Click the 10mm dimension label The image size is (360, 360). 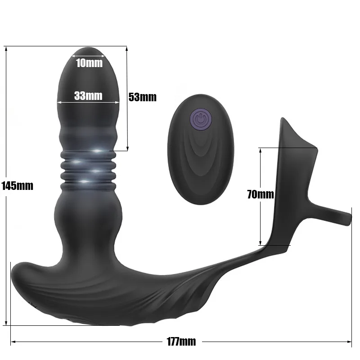(x=89, y=63)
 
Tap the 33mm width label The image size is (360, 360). (x=88, y=95)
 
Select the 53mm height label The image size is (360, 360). (x=142, y=97)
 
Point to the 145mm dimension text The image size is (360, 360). (x=18, y=185)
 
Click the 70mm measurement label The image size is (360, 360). (x=261, y=194)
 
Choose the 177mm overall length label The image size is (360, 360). (x=181, y=342)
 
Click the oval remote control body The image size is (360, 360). (x=201, y=149)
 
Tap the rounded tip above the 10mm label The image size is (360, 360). (x=88, y=51)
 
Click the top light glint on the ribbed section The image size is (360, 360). (x=97, y=151)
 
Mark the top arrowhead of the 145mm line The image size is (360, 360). (x=6, y=49)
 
